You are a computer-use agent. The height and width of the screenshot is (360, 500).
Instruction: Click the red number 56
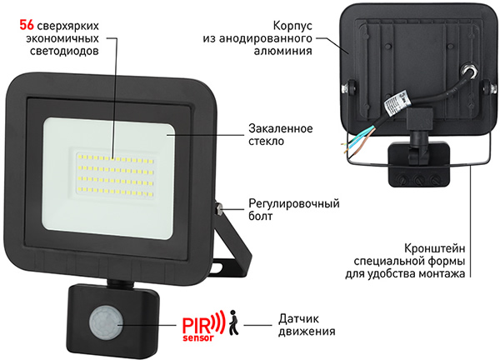pos(27,25)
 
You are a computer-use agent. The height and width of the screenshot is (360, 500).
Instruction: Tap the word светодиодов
pos(64,51)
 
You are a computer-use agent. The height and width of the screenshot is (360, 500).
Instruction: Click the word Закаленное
pos(281,128)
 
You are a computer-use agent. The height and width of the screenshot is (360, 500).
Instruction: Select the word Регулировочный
pos(294,203)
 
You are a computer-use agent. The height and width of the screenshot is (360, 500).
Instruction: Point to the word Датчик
pos(298,318)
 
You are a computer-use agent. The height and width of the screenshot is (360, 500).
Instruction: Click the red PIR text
pos(197,325)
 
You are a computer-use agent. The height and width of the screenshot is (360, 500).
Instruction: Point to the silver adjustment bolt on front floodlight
pos(219,208)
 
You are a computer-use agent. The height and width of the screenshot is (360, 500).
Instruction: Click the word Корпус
pos(292,26)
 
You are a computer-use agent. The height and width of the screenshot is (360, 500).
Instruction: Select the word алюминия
pos(282,51)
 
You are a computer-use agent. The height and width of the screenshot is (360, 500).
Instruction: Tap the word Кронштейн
pos(434,248)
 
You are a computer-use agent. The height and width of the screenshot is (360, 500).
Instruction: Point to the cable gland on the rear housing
pos(469,71)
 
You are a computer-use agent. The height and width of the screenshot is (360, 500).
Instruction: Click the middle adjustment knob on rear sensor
pos(418,180)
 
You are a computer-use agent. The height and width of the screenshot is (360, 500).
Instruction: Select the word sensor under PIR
pos(198,337)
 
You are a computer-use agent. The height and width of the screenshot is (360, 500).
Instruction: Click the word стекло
pos(267,141)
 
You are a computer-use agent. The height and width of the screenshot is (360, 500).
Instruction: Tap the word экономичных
pos(62,38)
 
